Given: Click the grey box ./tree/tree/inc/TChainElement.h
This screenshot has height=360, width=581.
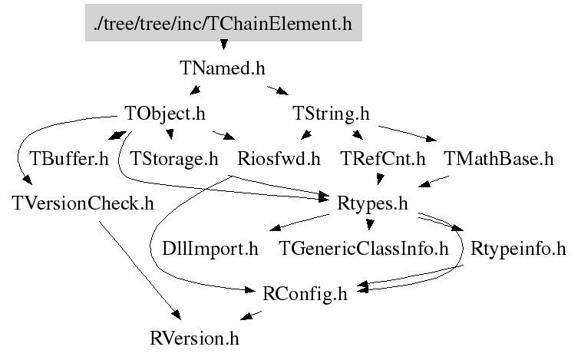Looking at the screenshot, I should [223, 23].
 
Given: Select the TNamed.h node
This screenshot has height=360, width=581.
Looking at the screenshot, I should [223, 68].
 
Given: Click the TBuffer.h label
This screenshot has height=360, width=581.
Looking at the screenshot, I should [69, 159].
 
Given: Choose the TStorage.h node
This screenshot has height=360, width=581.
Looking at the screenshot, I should [174, 159].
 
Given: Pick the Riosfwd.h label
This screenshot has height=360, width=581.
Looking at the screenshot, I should [279, 159].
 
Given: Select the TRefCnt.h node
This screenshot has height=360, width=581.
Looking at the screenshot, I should [382, 159].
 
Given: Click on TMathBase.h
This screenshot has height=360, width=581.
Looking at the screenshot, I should [498, 159].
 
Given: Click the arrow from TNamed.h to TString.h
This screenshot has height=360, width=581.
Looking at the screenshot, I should [276, 90].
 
